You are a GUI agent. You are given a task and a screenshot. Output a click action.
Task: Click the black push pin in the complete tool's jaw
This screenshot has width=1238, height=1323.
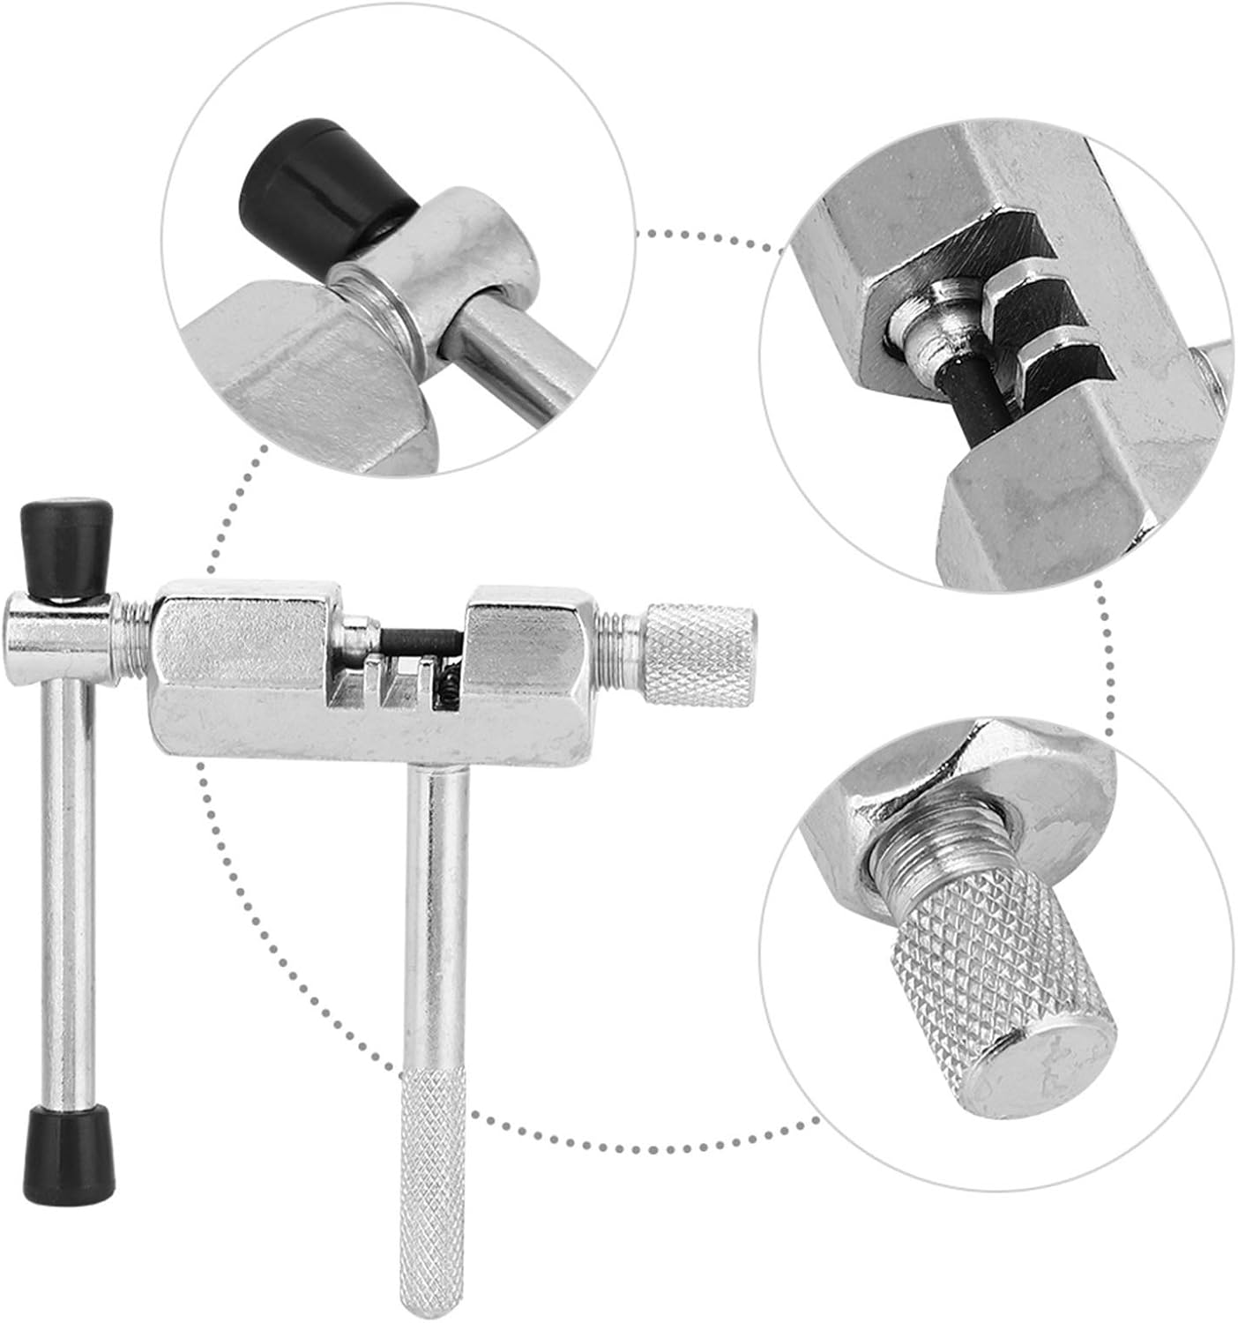[x=419, y=639]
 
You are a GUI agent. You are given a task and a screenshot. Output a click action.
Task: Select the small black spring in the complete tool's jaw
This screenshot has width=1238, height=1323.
[x=447, y=680]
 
